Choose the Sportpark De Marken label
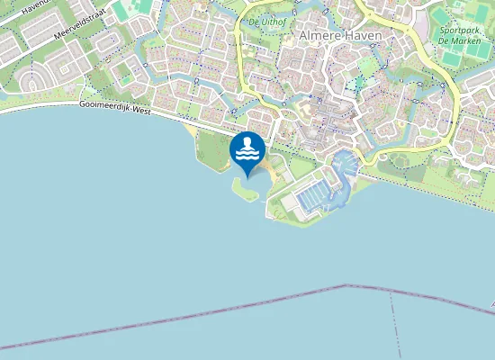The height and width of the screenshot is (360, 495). coord(460,35)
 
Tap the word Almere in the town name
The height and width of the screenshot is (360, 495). coord(318,35)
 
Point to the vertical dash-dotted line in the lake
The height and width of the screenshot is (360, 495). coord(395,324)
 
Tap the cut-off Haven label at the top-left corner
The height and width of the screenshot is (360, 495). coord(31,7)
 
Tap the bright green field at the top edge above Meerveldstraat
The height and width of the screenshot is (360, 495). coord(121,9)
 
